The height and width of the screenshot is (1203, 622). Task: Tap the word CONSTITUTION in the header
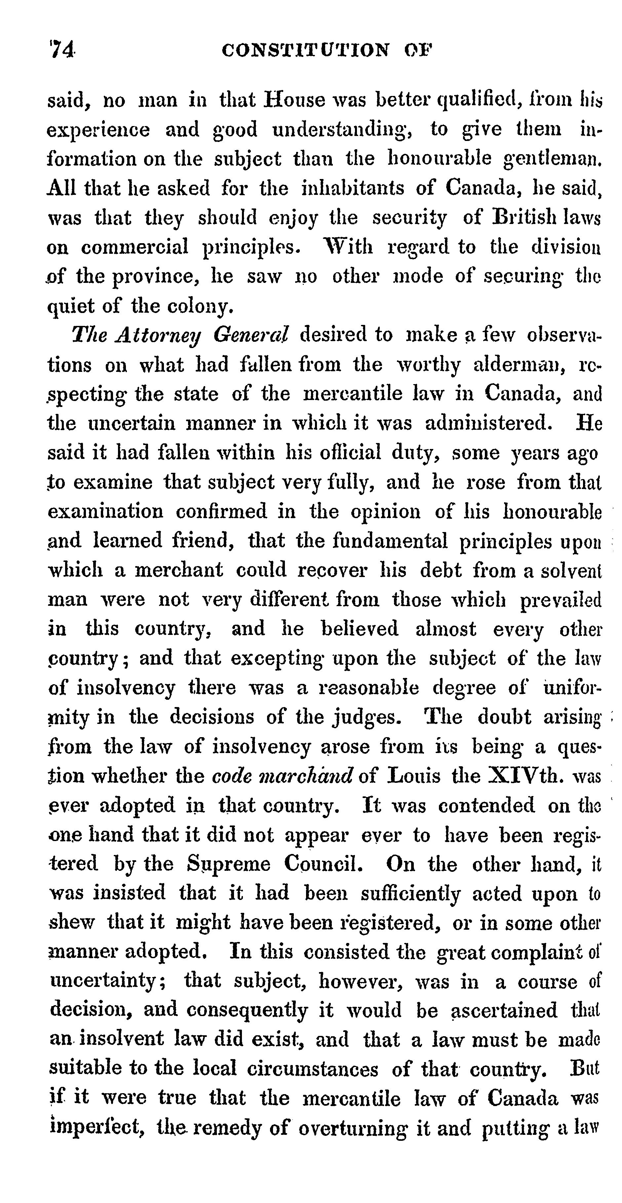[x=305, y=50]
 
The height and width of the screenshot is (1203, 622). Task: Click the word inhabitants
[x=353, y=188]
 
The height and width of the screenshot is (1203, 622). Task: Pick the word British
[x=519, y=218]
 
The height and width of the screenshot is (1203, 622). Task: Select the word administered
[x=488, y=423]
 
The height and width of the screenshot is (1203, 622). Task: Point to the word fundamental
[x=390, y=541]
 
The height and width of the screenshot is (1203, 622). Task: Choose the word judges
[x=372, y=717]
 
